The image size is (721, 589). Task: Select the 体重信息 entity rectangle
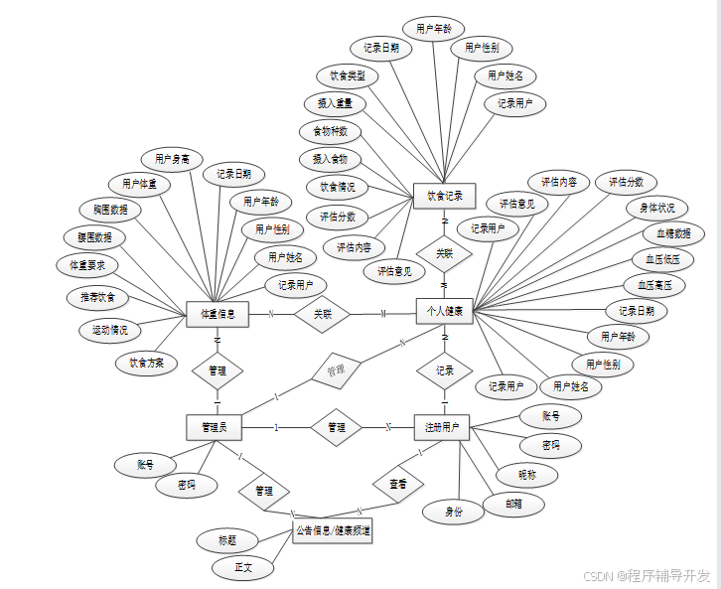coord(216,314)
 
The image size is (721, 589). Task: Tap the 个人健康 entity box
coord(444,312)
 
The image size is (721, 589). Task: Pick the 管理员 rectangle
coord(215,428)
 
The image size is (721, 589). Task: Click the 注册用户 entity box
coord(442,427)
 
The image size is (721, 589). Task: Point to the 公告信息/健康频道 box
coord(333,531)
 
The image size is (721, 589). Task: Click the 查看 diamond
coord(397,484)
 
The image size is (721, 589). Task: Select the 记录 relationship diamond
coord(444,370)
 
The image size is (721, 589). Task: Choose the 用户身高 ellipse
coord(172,159)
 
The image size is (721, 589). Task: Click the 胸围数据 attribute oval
coord(110,211)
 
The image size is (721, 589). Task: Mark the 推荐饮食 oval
coord(97,297)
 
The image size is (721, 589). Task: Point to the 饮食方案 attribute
coord(147,363)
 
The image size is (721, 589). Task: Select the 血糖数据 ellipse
coord(673,234)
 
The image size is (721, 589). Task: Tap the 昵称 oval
coord(526,475)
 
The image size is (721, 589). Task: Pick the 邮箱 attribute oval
coord(513,505)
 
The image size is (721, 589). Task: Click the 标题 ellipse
coord(227,541)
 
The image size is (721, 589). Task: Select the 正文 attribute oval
coord(242,568)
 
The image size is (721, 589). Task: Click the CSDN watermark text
coord(646,576)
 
